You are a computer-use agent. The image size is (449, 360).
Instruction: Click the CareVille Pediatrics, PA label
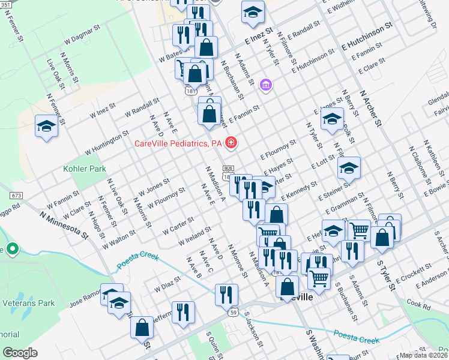pyautogui.click(x=178, y=143)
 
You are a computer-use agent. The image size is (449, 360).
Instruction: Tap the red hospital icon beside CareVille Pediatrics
pyautogui.click(x=231, y=143)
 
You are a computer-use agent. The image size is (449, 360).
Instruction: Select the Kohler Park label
pyautogui.click(x=85, y=169)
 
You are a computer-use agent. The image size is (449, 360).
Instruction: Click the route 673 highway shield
pyautogui.click(x=16, y=196)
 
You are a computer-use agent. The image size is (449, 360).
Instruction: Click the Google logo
pyautogui.click(x=20, y=353)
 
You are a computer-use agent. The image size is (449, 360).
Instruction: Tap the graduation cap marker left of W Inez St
pyautogui.click(x=46, y=126)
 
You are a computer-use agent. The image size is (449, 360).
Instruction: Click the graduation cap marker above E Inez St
pyautogui.click(x=253, y=11)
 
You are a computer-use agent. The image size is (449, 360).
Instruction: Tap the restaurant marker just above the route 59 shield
pyautogui.click(x=226, y=294)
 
